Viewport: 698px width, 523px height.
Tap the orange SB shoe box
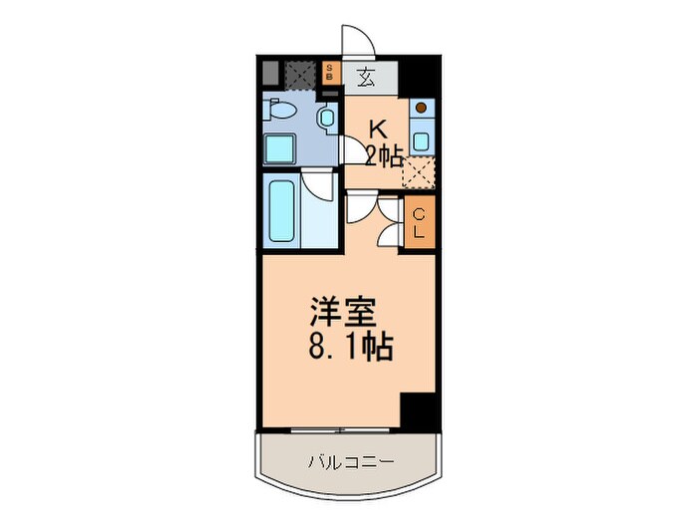tap(332, 73)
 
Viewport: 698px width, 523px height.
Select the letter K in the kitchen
tap(378, 130)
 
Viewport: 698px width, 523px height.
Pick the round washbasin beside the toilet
tap(326, 118)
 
